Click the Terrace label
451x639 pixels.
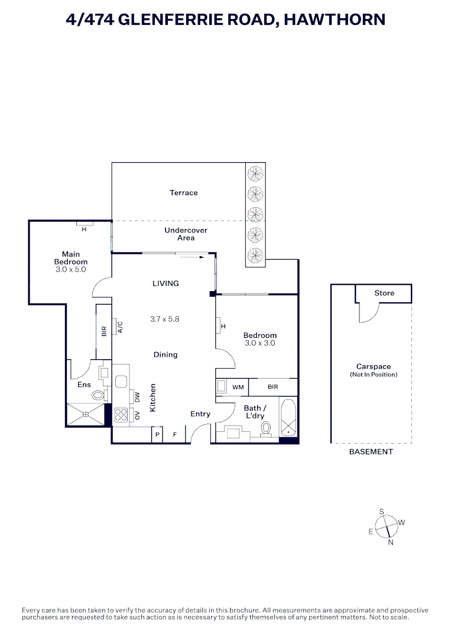(x=183, y=193)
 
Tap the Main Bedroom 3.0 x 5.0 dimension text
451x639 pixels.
(x=71, y=269)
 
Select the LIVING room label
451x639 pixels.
(x=166, y=283)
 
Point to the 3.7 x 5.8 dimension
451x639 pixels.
(x=165, y=318)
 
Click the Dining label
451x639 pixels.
(x=166, y=355)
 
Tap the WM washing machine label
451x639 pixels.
(x=238, y=388)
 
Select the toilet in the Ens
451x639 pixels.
(x=98, y=394)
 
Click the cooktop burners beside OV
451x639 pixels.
(x=121, y=415)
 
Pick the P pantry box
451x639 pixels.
(x=157, y=435)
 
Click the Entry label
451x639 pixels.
(x=200, y=414)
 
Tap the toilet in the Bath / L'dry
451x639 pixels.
(x=266, y=428)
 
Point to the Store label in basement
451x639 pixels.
(x=384, y=293)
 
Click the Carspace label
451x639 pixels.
(x=374, y=367)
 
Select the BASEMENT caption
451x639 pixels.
(x=371, y=452)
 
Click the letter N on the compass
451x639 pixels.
(x=390, y=542)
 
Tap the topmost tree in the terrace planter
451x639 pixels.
(x=255, y=173)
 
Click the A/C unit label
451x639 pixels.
(x=118, y=327)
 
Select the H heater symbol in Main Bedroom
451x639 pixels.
(x=84, y=229)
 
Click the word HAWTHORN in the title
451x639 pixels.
(x=335, y=20)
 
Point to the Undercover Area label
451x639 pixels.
(x=186, y=234)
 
